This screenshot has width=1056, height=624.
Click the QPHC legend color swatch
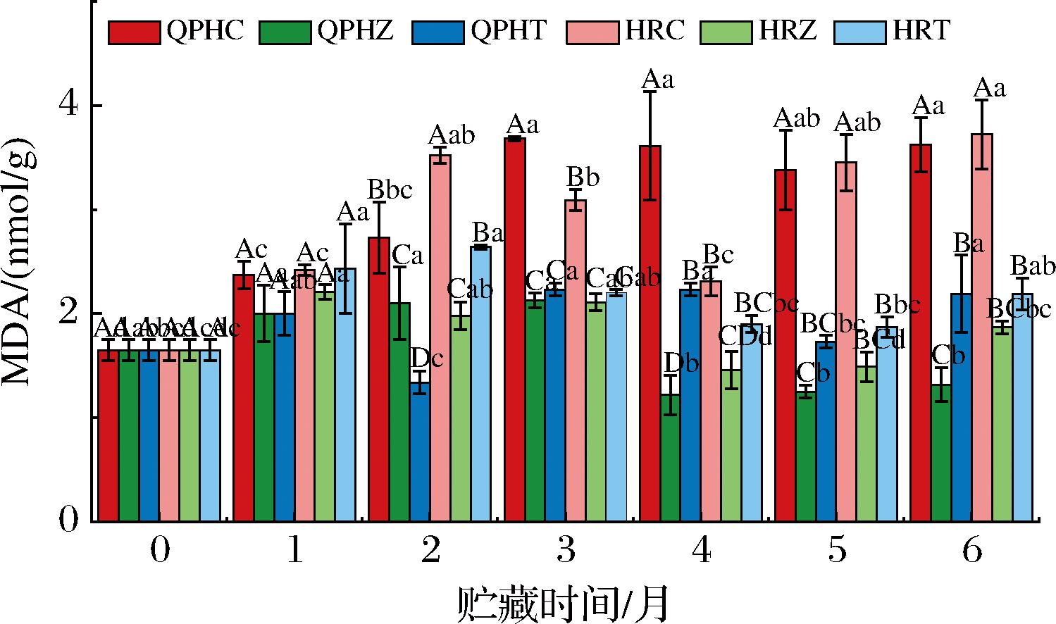pos(134,32)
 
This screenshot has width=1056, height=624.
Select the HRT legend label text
pos(921,31)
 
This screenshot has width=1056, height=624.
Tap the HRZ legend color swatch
pos(726,32)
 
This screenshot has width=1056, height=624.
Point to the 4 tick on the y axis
pos(70,105)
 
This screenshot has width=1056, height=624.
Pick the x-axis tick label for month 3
pos(566,551)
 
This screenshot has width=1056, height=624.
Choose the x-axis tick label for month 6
pos(971,551)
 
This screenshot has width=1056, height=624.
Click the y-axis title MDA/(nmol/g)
pos(21,268)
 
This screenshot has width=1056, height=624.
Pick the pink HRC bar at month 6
pos(981,327)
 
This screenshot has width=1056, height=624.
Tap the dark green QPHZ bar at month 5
pos(806,456)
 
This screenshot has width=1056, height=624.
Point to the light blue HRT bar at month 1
pos(345,394)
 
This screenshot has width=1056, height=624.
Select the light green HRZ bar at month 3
pos(595,411)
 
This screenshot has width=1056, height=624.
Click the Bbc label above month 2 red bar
pos(390,190)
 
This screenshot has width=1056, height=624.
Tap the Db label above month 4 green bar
pos(682,363)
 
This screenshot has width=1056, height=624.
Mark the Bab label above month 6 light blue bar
pos(1033,266)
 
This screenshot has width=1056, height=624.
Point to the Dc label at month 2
pos(427,358)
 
